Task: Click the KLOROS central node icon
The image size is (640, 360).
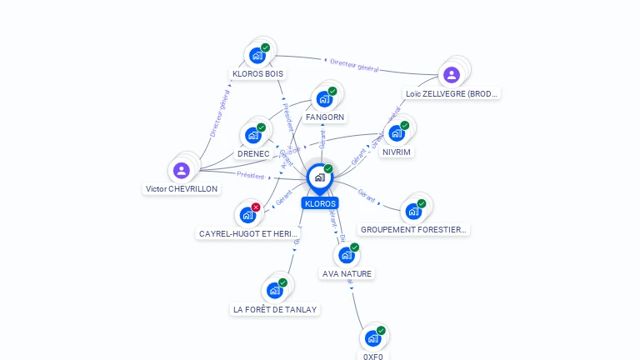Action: [319, 177]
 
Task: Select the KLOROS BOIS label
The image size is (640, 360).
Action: [257, 73]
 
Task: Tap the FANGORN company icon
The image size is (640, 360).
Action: [324, 99]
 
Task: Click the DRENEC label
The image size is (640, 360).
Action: [253, 154]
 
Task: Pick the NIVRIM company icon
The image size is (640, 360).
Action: [397, 133]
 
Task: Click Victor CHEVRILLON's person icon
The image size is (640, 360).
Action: [182, 171]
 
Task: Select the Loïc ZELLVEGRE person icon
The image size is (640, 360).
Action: [452, 75]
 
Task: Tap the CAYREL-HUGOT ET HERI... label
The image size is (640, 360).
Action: [248, 234]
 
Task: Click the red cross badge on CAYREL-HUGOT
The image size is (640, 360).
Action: [256, 207]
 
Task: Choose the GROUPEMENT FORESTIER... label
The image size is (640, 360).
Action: [414, 229]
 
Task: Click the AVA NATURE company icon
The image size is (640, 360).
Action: [347, 255]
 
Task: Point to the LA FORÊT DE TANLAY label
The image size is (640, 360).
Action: [275, 309]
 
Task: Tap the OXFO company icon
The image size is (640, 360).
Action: [372, 338]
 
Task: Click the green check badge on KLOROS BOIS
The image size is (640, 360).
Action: [265, 47]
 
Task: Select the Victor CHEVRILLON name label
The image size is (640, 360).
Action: [182, 189]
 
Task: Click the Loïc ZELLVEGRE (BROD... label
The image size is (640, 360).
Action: [452, 94]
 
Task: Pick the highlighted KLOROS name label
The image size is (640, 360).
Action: [320, 203]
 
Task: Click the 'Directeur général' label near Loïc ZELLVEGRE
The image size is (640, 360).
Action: [354, 65]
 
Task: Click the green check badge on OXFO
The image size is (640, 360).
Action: [381, 331]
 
